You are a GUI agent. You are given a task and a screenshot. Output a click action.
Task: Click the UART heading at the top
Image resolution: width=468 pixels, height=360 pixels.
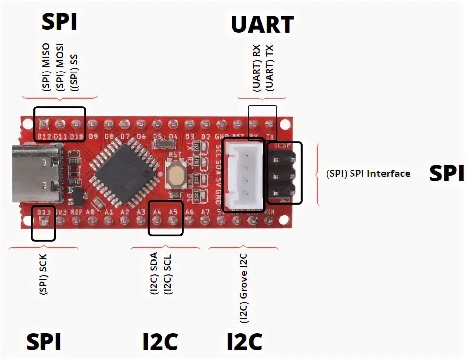pyautogui.click(x=262, y=24)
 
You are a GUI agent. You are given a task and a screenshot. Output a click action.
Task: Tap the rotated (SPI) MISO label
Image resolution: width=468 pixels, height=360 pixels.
pyautogui.click(x=46, y=72)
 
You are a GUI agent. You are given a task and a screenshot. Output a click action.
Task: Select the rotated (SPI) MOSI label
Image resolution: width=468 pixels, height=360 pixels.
pyautogui.click(x=60, y=72)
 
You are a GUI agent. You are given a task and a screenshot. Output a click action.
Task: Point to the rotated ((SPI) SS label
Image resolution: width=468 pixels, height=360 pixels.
pyautogui.click(x=74, y=72)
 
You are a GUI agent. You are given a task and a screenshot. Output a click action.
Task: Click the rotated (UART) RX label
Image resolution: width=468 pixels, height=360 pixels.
pyautogui.click(x=256, y=70)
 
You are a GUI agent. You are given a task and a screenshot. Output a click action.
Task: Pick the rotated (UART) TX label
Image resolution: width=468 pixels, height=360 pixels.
pyautogui.click(x=269, y=70)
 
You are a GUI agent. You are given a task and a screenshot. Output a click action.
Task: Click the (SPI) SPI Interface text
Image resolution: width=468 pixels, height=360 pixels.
pyautogui.click(x=368, y=174)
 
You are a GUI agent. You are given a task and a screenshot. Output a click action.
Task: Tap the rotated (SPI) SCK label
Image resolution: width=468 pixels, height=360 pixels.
pyautogui.click(x=44, y=277)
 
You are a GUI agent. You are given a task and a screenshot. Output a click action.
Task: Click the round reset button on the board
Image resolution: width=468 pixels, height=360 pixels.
pyautogui.click(x=175, y=176)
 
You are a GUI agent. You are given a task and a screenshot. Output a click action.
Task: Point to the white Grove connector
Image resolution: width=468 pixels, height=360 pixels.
pyautogui.click(x=244, y=174)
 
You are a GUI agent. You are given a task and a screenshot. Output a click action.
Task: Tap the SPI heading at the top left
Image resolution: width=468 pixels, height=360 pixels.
pyautogui.click(x=59, y=22)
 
